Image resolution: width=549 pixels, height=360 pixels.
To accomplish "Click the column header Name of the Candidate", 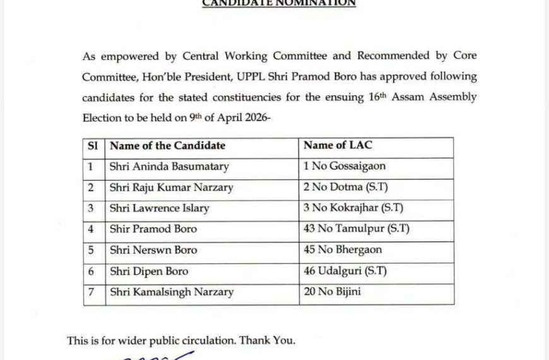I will point(167,146).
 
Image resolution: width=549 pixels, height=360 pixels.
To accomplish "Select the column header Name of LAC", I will point(338,145).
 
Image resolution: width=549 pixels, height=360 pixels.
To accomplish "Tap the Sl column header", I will point(92,146).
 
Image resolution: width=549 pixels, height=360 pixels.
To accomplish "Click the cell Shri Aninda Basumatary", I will point(169,167).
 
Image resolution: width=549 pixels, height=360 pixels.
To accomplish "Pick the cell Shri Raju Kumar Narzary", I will point(171,188).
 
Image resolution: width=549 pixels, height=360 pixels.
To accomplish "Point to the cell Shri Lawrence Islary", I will point(159,208).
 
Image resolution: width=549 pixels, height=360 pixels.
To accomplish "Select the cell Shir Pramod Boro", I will point(153,229).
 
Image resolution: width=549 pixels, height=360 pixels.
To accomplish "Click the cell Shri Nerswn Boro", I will point(153,250).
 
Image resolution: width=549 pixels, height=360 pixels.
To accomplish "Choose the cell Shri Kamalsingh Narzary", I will point(172,292).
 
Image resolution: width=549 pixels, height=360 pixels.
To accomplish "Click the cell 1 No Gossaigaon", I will point(345,167).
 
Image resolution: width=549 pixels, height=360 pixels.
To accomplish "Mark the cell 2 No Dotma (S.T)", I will point(342,188).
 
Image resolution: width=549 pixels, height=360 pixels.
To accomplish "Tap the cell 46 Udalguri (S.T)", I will point(345,272).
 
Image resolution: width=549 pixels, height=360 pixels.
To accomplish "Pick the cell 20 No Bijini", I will point(333,292).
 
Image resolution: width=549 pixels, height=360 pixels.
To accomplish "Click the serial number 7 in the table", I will point(91,292).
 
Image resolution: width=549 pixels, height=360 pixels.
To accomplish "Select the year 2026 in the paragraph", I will point(251,118).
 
